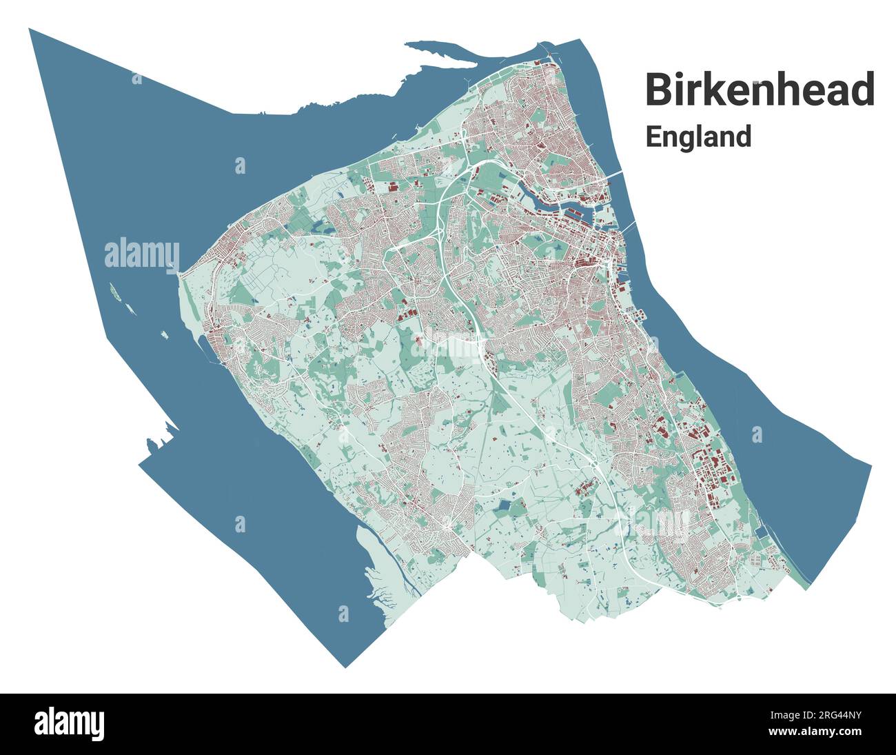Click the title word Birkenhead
point(760,90)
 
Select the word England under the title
point(698,137)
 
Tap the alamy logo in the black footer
point(70,723)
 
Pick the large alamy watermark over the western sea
point(142,254)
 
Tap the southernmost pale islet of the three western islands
point(165,336)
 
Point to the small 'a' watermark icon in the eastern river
point(757,434)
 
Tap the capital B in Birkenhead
point(659,90)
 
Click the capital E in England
point(653,137)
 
